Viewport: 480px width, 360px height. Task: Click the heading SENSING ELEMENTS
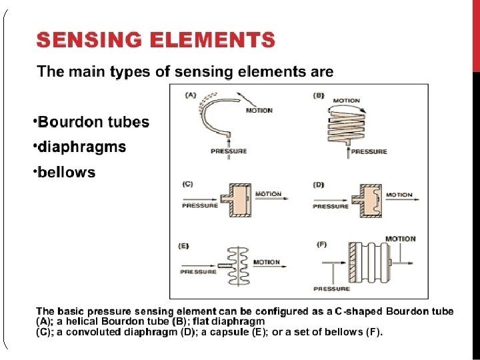tap(155, 41)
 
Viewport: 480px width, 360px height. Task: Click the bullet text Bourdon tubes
tap(93, 122)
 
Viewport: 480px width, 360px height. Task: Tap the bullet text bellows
tap(66, 173)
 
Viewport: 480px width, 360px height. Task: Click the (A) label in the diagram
tap(190, 95)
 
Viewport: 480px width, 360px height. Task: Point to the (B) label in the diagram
tap(319, 95)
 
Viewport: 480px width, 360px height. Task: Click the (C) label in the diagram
tap(188, 183)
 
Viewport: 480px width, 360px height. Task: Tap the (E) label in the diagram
tap(184, 246)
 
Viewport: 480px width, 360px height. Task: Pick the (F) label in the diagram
tap(321, 245)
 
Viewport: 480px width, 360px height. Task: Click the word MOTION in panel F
tap(400, 239)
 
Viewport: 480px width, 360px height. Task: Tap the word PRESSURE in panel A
tap(229, 151)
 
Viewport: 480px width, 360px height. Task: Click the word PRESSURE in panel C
tap(200, 205)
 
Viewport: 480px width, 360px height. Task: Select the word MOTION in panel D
tap(399, 195)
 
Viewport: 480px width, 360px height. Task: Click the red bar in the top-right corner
tap(476, 33)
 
